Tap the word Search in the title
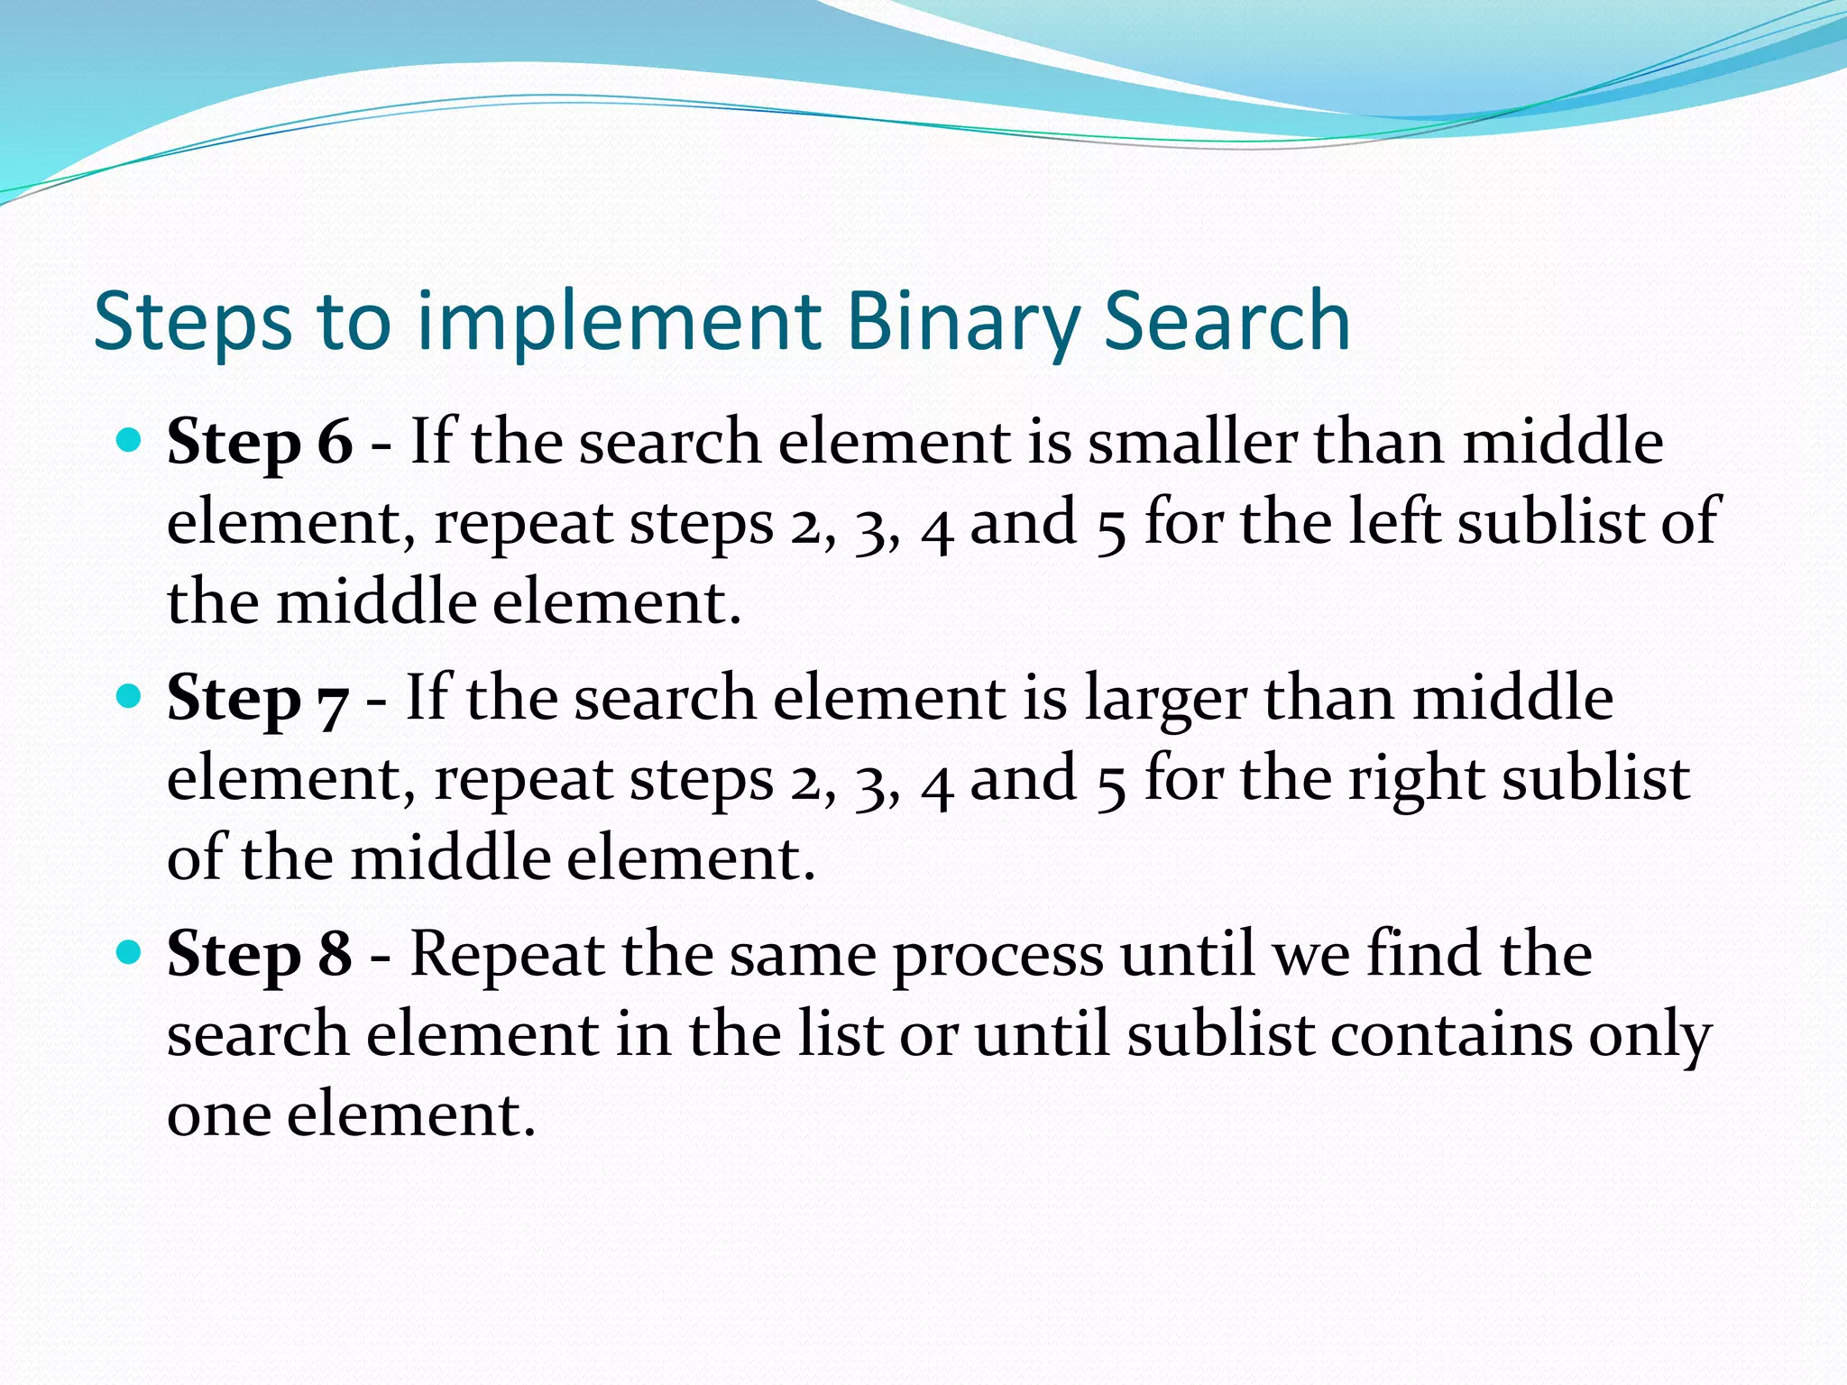1227,322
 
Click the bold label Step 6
260,443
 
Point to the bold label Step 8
260,954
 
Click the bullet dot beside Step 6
130,441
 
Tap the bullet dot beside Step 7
130,696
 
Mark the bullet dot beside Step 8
130,952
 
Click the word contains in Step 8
1451,1034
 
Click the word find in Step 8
1422,954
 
